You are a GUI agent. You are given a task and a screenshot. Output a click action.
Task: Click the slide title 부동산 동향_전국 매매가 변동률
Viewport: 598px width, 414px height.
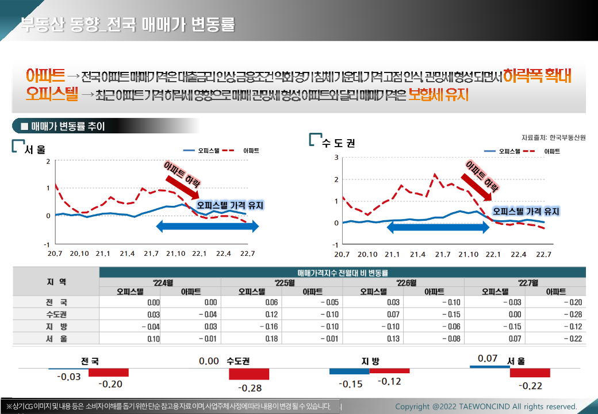pyautogui.click(x=127, y=25)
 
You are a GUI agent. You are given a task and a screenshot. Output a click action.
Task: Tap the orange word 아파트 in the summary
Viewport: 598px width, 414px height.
pyautogui.click(x=45, y=75)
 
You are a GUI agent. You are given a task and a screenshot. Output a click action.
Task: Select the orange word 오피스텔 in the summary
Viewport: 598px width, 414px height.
pyautogui.click(x=52, y=94)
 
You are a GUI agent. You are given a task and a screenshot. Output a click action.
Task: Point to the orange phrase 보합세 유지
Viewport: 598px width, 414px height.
pyautogui.click(x=438, y=94)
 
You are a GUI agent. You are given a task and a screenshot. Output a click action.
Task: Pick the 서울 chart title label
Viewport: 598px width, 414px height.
pyautogui.click(x=35, y=150)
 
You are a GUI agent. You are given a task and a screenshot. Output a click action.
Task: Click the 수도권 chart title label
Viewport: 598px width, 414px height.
pyautogui.click(x=339, y=143)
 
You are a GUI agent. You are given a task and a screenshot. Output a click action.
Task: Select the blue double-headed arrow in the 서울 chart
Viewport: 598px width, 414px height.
pyautogui.click(x=208, y=228)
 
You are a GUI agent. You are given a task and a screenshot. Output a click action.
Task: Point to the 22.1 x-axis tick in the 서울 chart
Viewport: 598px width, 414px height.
pyautogui.click(x=199, y=254)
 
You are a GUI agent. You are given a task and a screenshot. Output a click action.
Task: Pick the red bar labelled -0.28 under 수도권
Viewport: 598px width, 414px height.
pyautogui.click(x=249, y=374)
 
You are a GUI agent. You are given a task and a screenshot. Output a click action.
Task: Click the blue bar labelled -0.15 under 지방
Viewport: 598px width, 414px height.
pyautogui.click(x=349, y=371)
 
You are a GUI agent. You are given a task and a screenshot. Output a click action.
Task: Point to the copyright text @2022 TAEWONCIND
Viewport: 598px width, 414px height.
pyautogui.click(x=486, y=407)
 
